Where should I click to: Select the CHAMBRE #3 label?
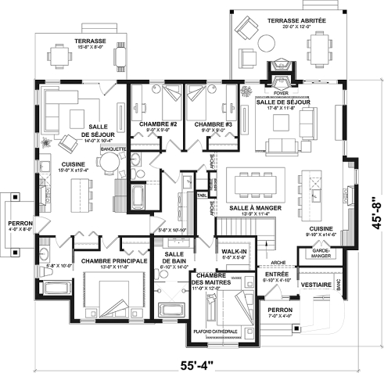[x=210, y=125]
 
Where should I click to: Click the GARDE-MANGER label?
[x=319, y=254]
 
